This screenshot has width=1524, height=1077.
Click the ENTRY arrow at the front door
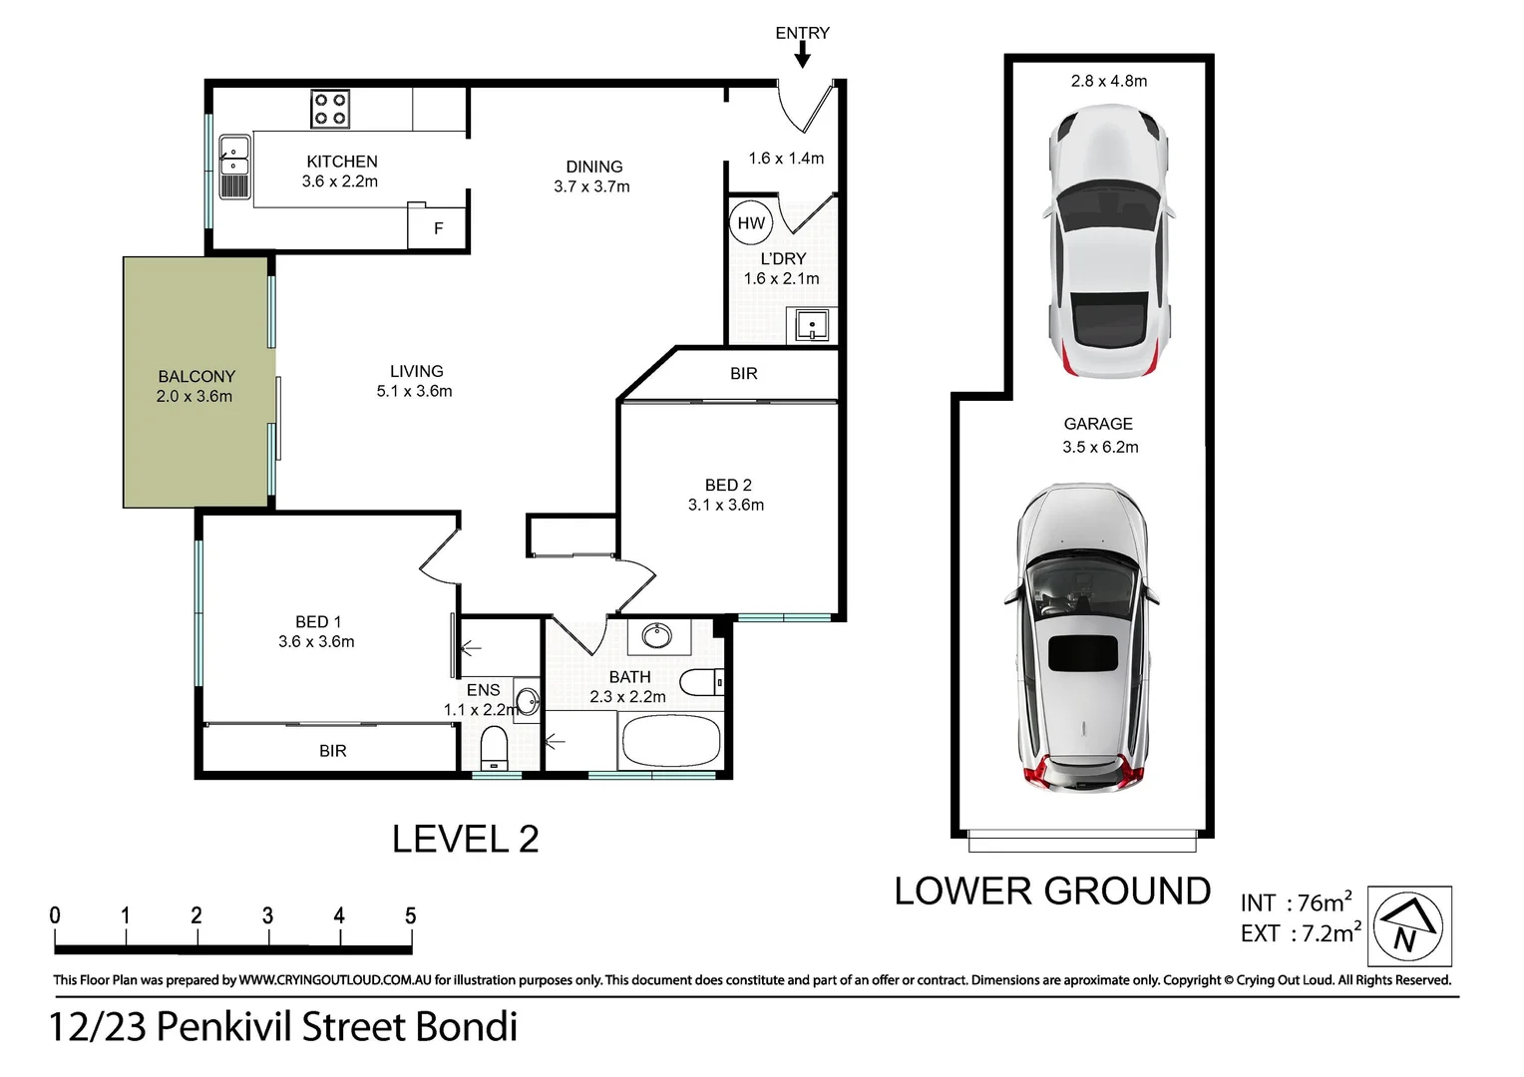(x=802, y=55)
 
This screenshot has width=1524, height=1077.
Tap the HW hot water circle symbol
(x=751, y=223)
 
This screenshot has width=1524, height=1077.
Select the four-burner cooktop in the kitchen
(x=330, y=109)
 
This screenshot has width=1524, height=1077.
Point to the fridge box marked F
(x=438, y=228)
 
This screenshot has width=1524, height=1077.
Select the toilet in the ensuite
(x=494, y=746)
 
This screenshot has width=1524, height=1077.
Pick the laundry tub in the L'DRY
(x=812, y=325)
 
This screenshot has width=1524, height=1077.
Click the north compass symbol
(x=1407, y=926)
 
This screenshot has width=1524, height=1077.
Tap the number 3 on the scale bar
(x=267, y=915)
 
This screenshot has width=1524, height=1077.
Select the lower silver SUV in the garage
(x=1082, y=638)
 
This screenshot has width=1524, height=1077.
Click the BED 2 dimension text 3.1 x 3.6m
(x=726, y=505)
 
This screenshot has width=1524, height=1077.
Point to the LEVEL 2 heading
(x=465, y=839)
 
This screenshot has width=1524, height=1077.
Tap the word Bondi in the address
(x=466, y=1026)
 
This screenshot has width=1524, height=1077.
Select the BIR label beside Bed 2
(x=743, y=373)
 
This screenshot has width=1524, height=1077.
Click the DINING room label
(x=593, y=167)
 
